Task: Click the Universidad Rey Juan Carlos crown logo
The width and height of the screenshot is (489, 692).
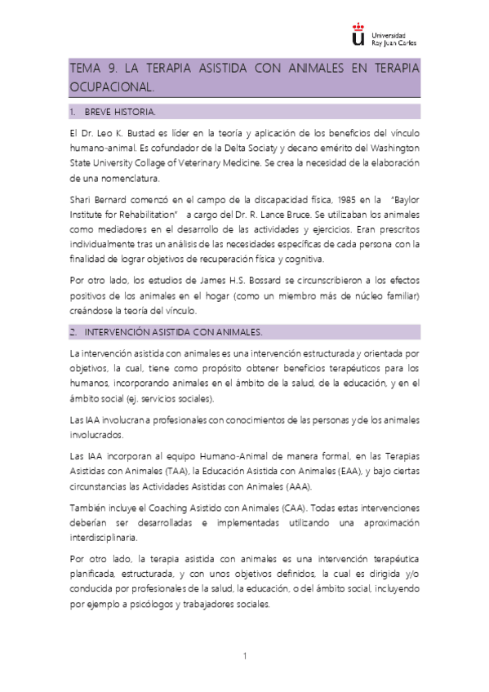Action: coord(356,35)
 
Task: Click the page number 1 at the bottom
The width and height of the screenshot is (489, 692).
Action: coord(244,656)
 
